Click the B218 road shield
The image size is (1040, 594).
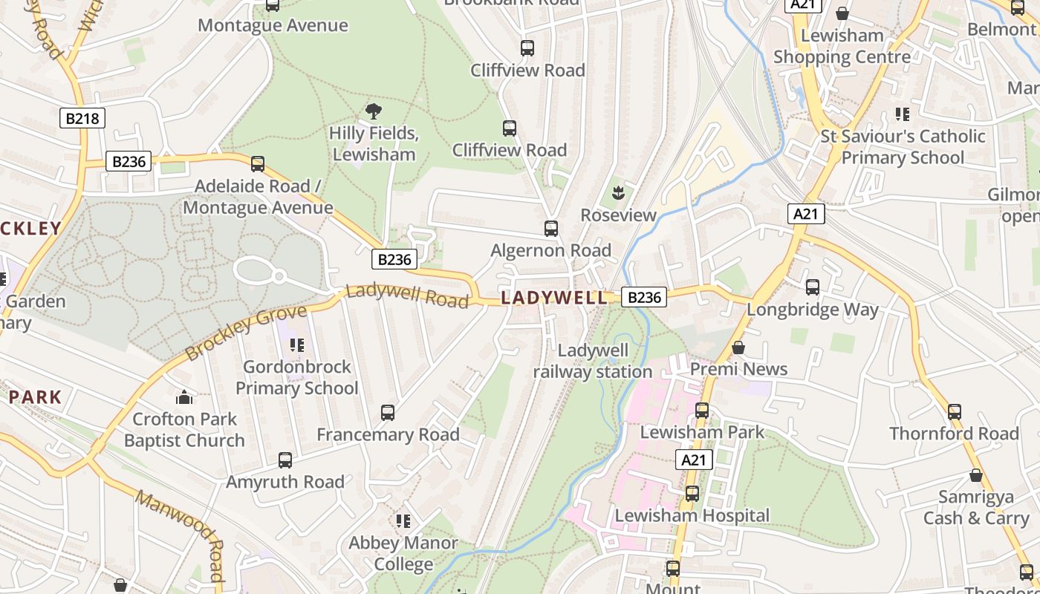point(82,118)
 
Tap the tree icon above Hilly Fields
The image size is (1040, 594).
point(374,112)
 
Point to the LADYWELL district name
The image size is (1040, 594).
point(554,298)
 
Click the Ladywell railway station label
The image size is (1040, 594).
point(593,361)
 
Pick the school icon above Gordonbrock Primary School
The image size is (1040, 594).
point(297,345)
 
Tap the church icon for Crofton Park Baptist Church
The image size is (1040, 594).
point(183,398)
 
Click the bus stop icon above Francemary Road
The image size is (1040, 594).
point(388,413)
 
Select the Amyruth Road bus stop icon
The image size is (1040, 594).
point(285,460)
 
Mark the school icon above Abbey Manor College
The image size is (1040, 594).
point(403,521)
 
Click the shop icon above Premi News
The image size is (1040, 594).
point(738,347)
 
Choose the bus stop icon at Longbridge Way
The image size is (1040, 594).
point(813,287)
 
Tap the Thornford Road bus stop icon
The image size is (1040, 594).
point(955,411)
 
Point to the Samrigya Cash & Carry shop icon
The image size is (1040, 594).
point(976,475)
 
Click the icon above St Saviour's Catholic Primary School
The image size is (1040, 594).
point(903,114)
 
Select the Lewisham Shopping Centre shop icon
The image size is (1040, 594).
point(842,13)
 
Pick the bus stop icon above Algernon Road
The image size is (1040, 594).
point(551,229)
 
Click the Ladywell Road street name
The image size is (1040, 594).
point(408,295)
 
